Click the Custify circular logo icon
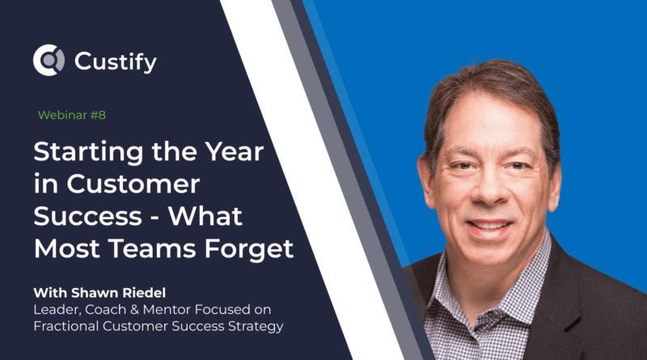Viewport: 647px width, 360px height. pyautogui.click(x=48, y=60)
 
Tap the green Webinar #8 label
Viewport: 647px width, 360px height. pyautogui.click(x=72, y=115)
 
